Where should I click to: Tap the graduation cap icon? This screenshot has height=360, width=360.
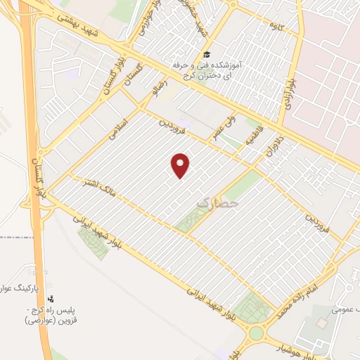(206, 55)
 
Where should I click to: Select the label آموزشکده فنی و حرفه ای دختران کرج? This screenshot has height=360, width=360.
(207, 69)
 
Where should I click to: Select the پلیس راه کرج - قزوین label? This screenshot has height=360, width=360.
(50, 315)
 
